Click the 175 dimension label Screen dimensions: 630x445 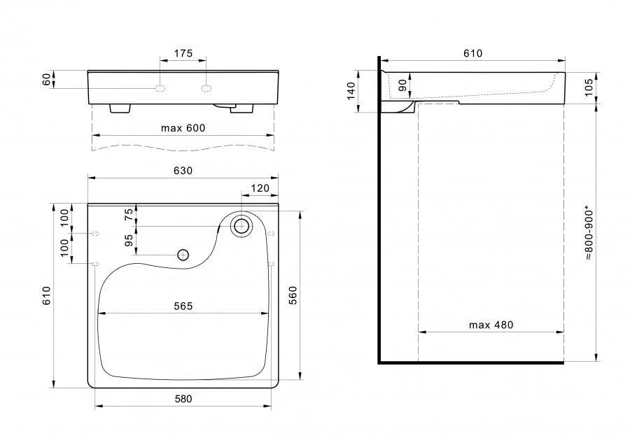click(x=183, y=53)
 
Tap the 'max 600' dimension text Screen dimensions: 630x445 click(x=183, y=128)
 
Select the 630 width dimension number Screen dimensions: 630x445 click(x=183, y=171)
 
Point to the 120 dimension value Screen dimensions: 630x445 click(x=260, y=188)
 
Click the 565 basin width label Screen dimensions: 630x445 click(x=183, y=306)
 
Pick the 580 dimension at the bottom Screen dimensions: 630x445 click(x=183, y=399)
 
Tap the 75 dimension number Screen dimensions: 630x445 click(x=129, y=215)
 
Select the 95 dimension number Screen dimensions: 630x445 click(x=129, y=240)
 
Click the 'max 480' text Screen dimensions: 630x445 click(x=491, y=325)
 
